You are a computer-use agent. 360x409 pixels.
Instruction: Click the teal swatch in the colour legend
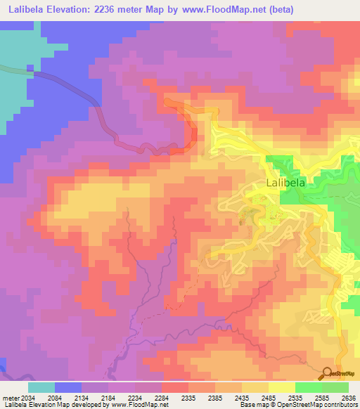point(41,387)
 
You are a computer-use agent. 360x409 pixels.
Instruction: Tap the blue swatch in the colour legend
point(68,387)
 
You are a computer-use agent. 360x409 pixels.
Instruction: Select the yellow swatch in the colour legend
point(281,387)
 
